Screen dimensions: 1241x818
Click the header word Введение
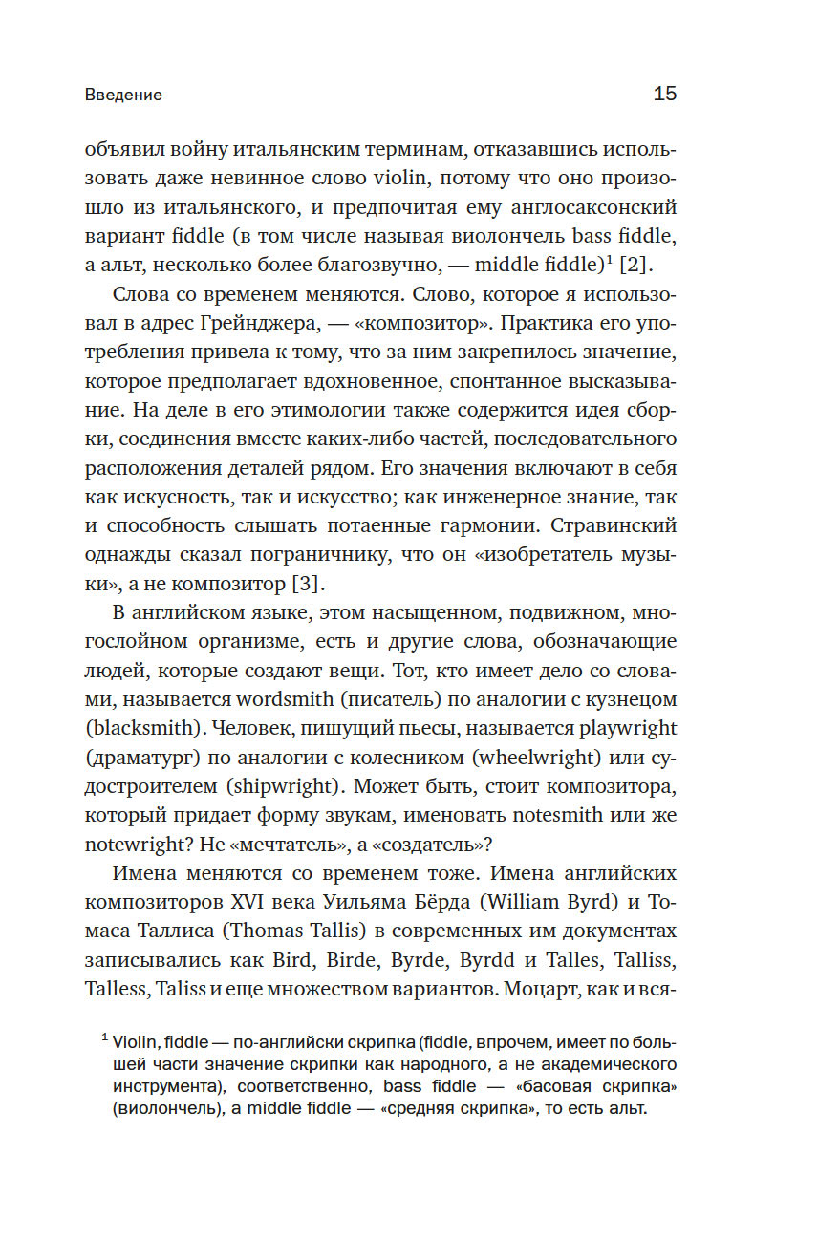pos(123,95)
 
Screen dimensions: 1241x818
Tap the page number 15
pos(664,94)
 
